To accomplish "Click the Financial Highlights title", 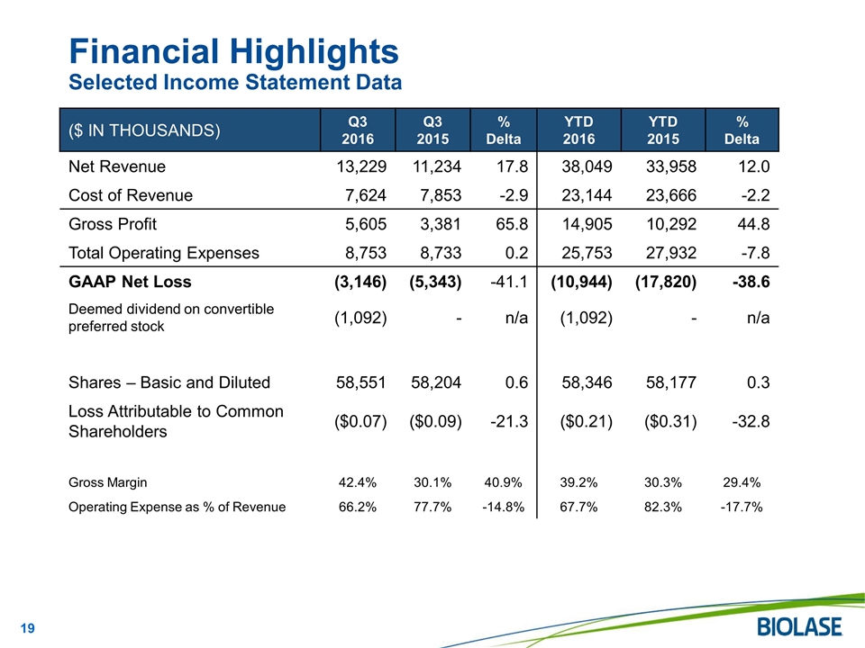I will pyautogui.click(x=234, y=50).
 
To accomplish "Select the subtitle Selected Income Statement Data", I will pyautogui.click(x=236, y=83).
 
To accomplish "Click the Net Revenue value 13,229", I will pyautogui.click(x=358, y=166).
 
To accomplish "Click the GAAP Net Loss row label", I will pyautogui.click(x=130, y=282).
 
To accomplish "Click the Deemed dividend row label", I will pyautogui.click(x=171, y=318).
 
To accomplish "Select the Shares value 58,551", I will pyautogui.click(x=358, y=382).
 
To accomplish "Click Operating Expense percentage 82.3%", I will pyautogui.click(x=662, y=506).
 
